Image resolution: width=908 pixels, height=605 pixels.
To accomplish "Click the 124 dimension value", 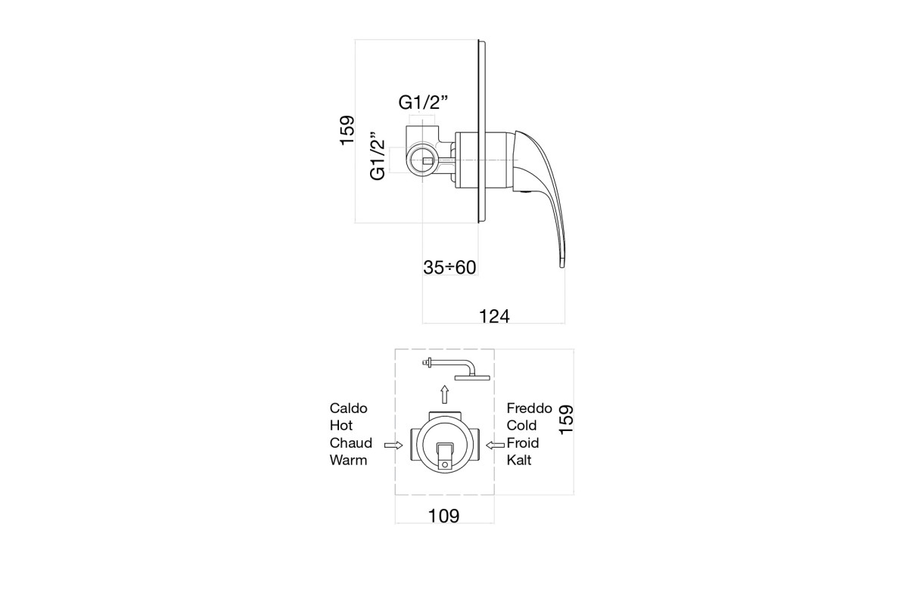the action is coord(494,316).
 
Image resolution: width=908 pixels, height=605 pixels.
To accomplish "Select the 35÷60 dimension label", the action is coord(449,268).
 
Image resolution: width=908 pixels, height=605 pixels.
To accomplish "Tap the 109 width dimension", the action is coord(444,517).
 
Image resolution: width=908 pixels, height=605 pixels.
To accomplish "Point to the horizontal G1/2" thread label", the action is coord(423,103).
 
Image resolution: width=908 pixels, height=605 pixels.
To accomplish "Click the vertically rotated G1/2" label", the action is coord(378,156).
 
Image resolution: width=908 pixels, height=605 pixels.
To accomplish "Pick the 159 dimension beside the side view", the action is coord(347,131).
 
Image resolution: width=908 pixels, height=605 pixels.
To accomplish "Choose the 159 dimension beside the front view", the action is coord(566,420).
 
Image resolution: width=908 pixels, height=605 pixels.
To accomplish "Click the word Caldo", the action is coord(348,408).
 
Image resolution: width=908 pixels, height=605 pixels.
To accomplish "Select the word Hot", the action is coord(341,426).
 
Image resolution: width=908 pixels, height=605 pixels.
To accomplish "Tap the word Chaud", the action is coord(350,443).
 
